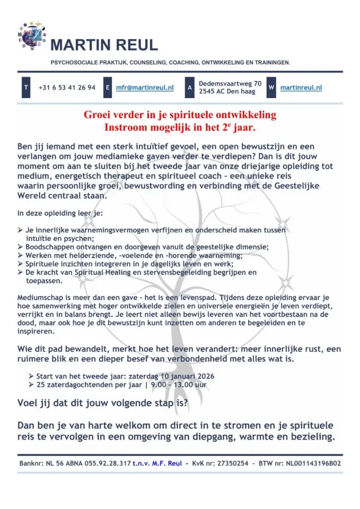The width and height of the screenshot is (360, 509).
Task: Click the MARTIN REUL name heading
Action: [x=104, y=45]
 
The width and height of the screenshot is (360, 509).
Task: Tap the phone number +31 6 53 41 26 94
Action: [x=67, y=87]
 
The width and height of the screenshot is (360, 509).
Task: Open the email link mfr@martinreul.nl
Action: [x=145, y=88]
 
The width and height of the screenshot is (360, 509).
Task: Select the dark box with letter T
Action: [x=25, y=87]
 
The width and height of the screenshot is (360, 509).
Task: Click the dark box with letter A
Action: [x=189, y=87]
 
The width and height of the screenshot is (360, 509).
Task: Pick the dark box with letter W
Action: [x=271, y=87]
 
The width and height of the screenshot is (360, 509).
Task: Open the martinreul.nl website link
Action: [x=301, y=88]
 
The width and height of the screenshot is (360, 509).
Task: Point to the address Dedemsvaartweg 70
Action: [x=230, y=84]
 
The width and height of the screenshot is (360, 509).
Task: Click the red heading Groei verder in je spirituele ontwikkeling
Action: [x=180, y=115]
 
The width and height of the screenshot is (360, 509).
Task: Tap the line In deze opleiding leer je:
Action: [x=60, y=214]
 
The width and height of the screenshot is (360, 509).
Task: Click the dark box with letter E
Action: [x=108, y=87]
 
